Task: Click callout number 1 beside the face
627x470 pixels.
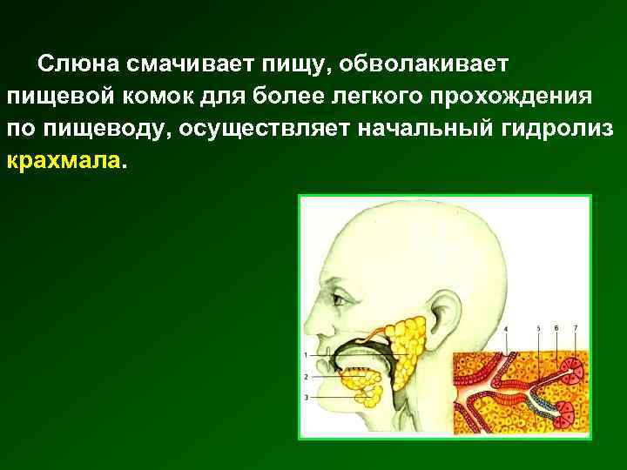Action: pos(306,355)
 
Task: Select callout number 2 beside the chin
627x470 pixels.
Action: pos(306,377)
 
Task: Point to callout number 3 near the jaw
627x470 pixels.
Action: pos(306,397)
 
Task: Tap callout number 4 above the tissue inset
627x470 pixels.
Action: pos(507,328)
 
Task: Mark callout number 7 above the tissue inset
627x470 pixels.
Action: pos(575,328)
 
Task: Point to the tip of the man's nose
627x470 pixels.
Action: pos(311,327)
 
